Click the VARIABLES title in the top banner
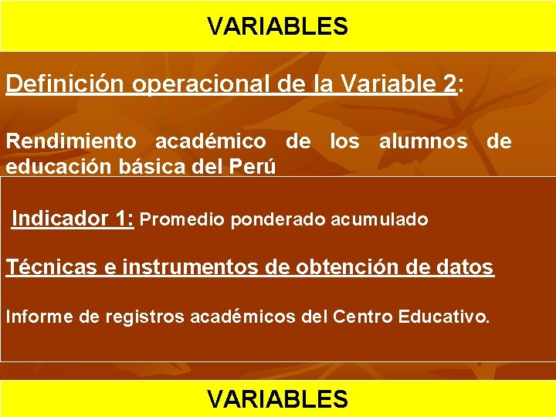(278, 27)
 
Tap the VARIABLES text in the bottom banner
(278, 398)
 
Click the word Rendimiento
(71, 141)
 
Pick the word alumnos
(423, 141)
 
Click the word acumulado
(379, 220)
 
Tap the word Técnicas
(49, 267)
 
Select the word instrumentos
(183, 268)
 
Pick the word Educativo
(447, 316)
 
